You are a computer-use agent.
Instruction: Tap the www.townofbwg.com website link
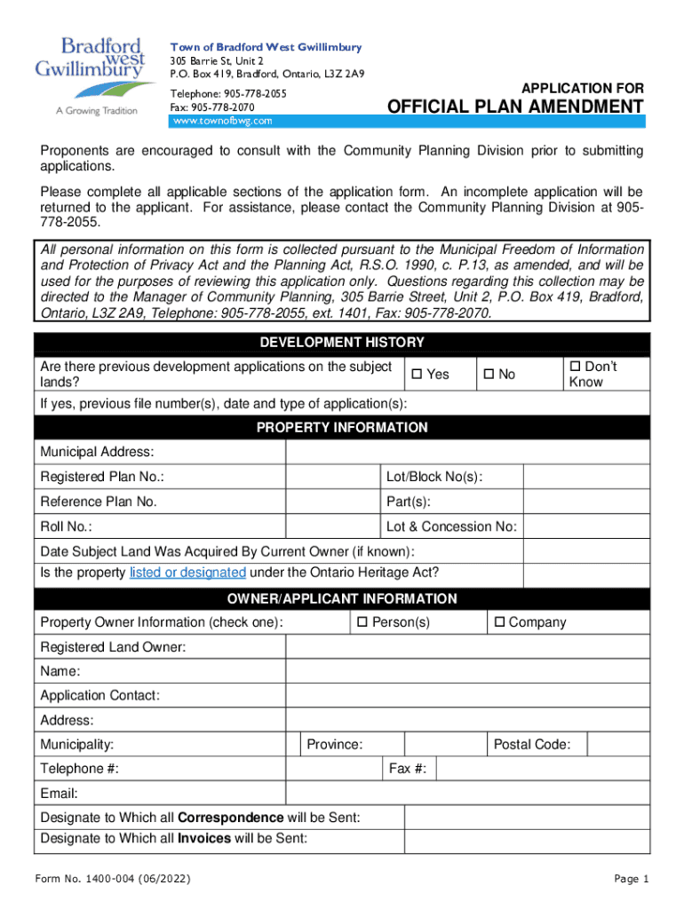[x=222, y=120]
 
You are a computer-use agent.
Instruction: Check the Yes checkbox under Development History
[x=415, y=375]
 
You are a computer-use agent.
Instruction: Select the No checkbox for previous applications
[x=487, y=375]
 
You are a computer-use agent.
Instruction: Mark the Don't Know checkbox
[x=574, y=367]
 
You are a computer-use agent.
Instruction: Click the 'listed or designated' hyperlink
[x=187, y=573]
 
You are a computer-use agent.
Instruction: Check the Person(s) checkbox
[x=362, y=622]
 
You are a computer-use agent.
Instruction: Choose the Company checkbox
[x=498, y=622]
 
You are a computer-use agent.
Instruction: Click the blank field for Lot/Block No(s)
[x=586, y=478]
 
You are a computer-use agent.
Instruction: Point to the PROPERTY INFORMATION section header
[x=342, y=428]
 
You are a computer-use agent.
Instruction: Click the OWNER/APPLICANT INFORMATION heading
[x=342, y=598]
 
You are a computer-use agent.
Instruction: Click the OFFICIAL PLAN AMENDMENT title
[x=515, y=107]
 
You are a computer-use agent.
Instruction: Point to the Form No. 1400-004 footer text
[x=110, y=879]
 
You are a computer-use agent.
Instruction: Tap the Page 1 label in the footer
[x=632, y=879]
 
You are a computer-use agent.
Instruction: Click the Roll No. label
[x=67, y=526]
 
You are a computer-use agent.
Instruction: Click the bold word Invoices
[x=205, y=838]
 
